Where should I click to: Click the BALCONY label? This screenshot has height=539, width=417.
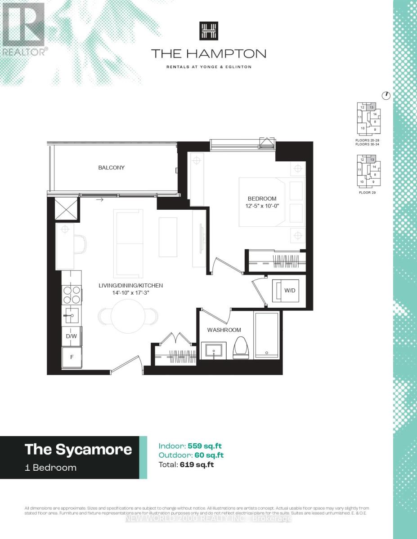coord(112,168)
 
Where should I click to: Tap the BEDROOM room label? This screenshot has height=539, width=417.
coord(262,199)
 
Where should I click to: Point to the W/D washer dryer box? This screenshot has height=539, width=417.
coord(285,290)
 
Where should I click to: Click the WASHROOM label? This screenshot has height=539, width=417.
coord(224,330)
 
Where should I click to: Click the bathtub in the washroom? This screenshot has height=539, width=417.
coord(267,336)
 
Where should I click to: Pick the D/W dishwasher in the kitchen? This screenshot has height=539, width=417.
coord(71,336)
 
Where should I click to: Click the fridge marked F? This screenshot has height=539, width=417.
coord(71,358)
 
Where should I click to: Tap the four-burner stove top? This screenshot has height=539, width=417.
coord(71,295)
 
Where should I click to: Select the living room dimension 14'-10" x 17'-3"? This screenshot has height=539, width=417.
coord(131,293)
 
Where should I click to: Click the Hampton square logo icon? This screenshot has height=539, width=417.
coord(208,31)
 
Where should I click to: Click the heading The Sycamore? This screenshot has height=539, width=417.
coord(78,449)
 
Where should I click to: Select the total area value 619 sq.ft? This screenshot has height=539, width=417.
coord(197,465)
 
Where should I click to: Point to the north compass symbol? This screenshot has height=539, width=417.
coord(386,95)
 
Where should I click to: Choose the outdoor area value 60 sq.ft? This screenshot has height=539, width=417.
coord(209,455)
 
